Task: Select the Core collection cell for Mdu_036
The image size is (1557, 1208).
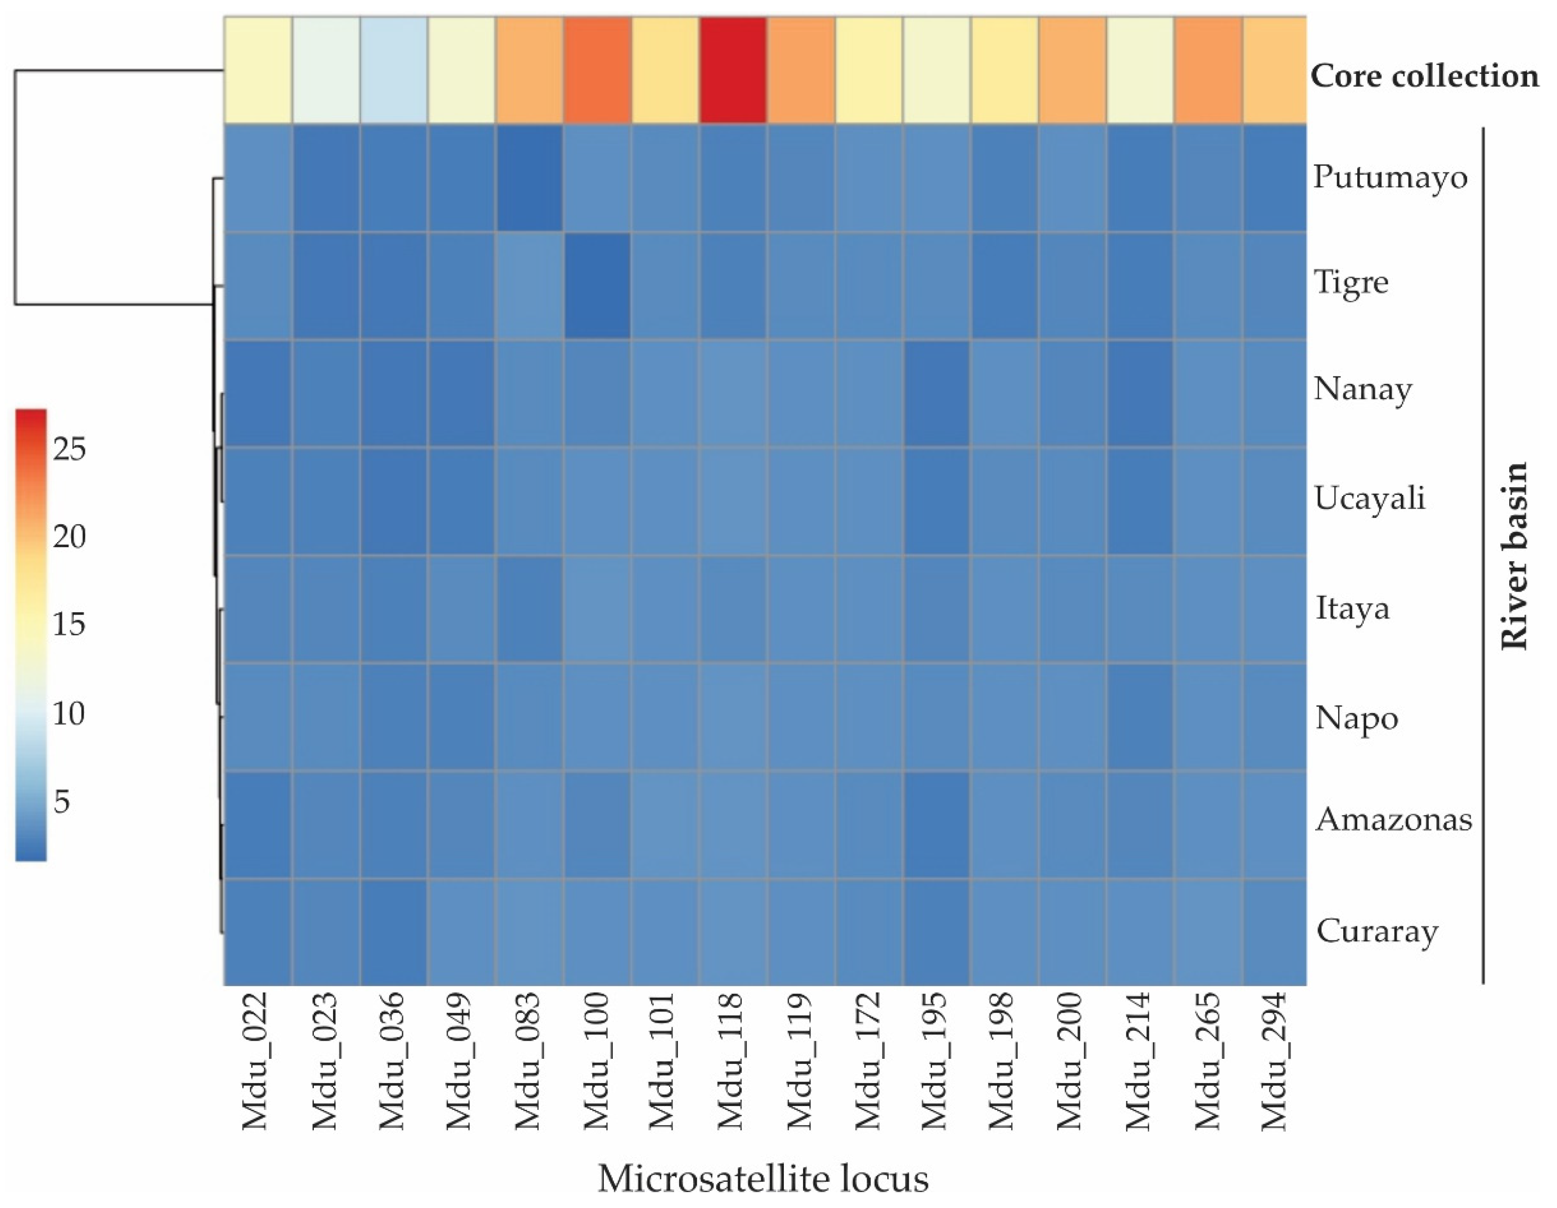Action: (x=393, y=70)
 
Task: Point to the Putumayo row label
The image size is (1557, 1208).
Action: (x=1390, y=177)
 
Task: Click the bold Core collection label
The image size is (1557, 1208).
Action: (x=1424, y=76)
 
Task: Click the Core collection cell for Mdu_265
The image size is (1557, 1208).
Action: (x=1207, y=70)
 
